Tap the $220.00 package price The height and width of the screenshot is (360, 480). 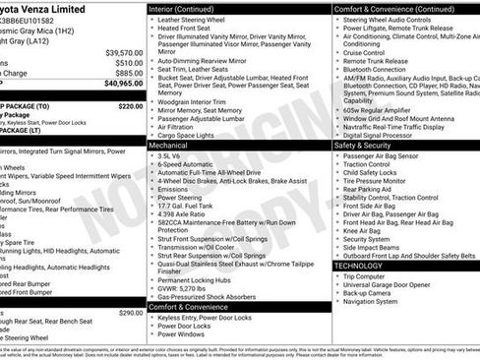point(130,105)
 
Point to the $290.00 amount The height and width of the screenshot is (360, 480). point(130,312)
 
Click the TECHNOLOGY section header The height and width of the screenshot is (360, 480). point(359,266)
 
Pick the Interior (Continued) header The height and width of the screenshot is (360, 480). point(182,8)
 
